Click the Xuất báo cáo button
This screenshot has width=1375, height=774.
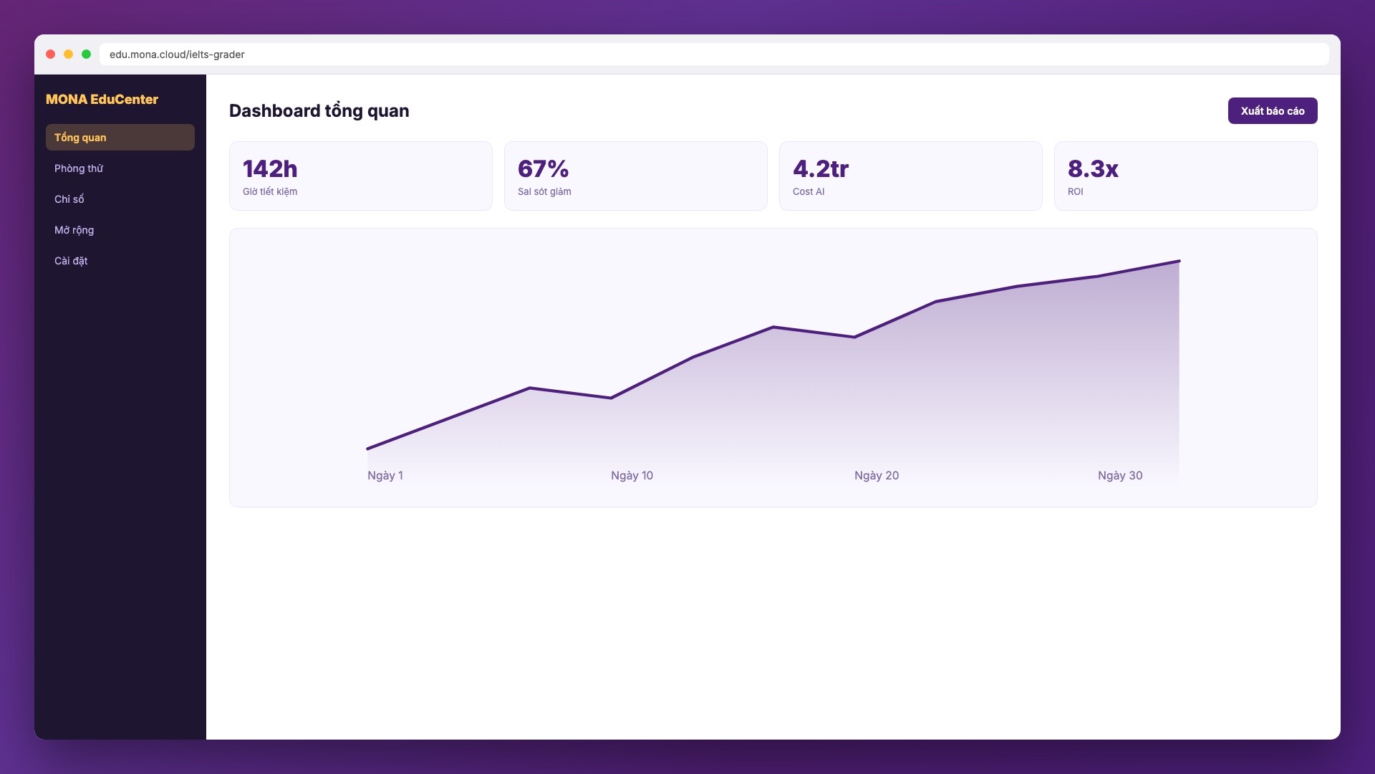(1273, 110)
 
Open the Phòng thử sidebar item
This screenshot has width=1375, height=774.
(79, 168)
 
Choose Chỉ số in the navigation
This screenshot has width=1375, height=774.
(69, 199)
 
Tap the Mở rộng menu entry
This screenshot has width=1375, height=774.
(74, 230)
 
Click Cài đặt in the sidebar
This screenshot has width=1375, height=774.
(71, 261)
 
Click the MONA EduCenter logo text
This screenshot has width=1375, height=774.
(102, 100)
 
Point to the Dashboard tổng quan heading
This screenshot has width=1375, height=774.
(319, 111)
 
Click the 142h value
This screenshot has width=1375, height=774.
(270, 169)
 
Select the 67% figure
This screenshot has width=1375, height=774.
(544, 169)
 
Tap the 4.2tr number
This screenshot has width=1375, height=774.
(821, 169)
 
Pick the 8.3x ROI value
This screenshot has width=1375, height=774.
(1093, 169)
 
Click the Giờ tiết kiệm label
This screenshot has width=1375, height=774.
(270, 191)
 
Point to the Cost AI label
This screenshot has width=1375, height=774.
(809, 191)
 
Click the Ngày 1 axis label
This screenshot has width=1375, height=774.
(385, 476)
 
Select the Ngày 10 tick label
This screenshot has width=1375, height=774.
(632, 476)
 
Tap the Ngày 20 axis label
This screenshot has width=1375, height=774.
(877, 476)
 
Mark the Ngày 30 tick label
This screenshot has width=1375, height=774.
(1120, 476)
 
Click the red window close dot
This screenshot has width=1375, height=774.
(50, 54)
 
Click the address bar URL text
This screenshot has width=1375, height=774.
(177, 54)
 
